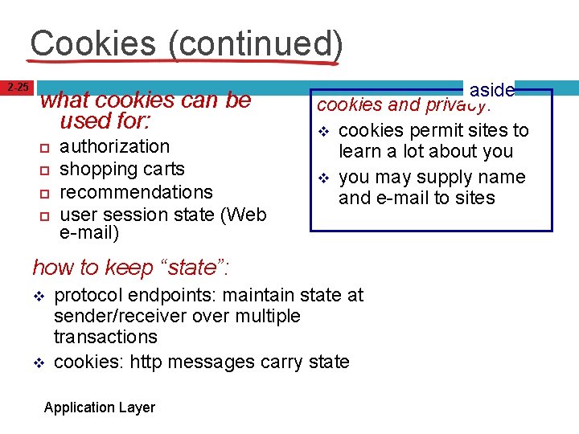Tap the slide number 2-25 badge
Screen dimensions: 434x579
(x=18, y=87)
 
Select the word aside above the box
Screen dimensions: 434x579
(x=491, y=90)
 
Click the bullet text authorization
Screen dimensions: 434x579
(x=115, y=146)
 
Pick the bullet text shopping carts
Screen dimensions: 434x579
(x=122, y=169)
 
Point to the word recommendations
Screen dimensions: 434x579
(x=136, y=192)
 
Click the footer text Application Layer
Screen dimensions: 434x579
(x=99, y=407)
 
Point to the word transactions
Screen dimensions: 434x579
(x=105, y=337)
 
